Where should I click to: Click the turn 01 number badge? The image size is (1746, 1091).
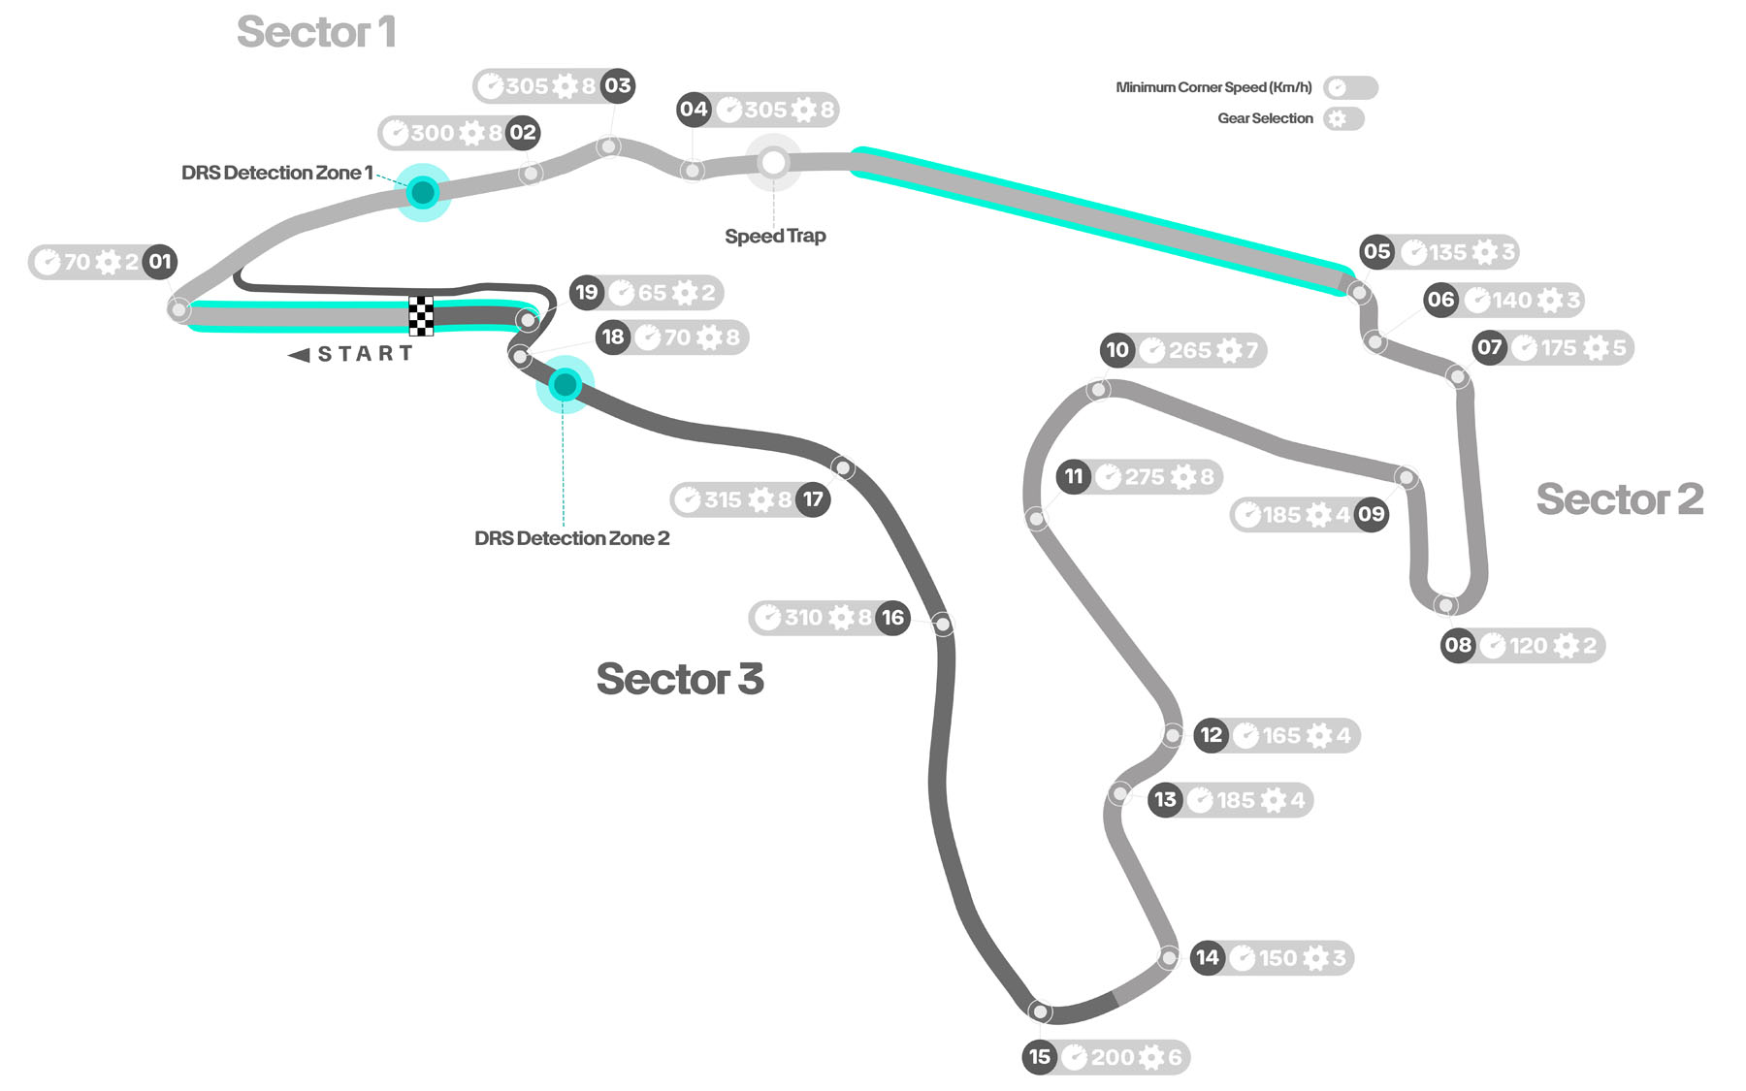coord(160,262)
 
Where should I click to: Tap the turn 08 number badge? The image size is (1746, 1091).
coord(1458,646)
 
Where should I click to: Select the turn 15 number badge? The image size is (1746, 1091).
coord(1040,1057)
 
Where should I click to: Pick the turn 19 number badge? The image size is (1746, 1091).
coord(587,293)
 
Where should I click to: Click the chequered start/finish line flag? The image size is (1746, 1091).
coord(421,316)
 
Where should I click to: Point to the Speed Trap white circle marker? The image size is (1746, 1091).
coord(773,163)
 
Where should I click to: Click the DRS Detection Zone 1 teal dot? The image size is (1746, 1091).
coord(423,193)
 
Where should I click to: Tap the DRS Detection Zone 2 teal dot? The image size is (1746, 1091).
coord(565,385)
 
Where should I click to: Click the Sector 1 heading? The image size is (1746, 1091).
coord(316,32)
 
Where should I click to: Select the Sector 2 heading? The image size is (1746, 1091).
coord(1619,499)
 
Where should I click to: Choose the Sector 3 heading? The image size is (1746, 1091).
coord(679,679)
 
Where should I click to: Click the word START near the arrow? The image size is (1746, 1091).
coord(366,354)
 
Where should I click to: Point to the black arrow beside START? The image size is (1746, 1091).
coord(299,355)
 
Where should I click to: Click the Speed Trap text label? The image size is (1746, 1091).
coord(775,236)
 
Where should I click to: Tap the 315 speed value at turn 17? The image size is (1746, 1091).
coord(723,500)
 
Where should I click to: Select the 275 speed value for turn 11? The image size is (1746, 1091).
coord(1145,477)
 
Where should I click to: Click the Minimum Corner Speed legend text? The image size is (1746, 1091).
coord(1213,87)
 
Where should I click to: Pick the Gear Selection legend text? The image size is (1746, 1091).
coord(1265,118)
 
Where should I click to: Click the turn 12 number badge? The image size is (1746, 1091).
coord(1212,735)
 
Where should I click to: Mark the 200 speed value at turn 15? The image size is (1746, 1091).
coord(1112,1057)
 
